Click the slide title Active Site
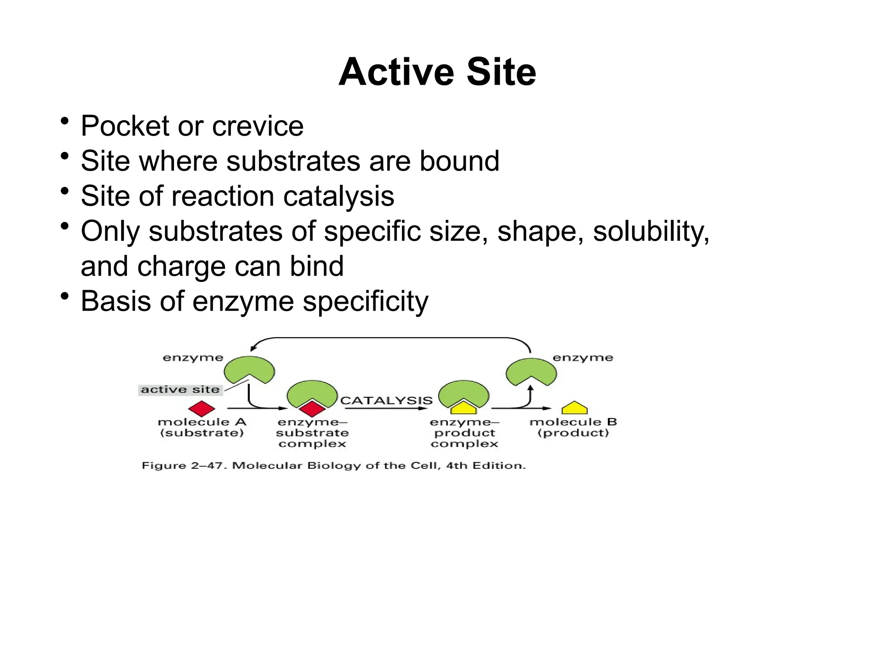(x=437, y=72)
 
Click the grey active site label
(x=180, y=390)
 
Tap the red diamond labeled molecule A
(x=201, y=409)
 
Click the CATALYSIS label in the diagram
(x=386, y=400)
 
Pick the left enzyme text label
(x=193, y=358)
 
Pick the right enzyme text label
(x=583, y=358)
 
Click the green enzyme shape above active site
(x=249, y=368)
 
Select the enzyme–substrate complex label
(x=312, y=433)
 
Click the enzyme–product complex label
(x=465, y=433)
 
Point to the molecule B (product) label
(x=573, y=427)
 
